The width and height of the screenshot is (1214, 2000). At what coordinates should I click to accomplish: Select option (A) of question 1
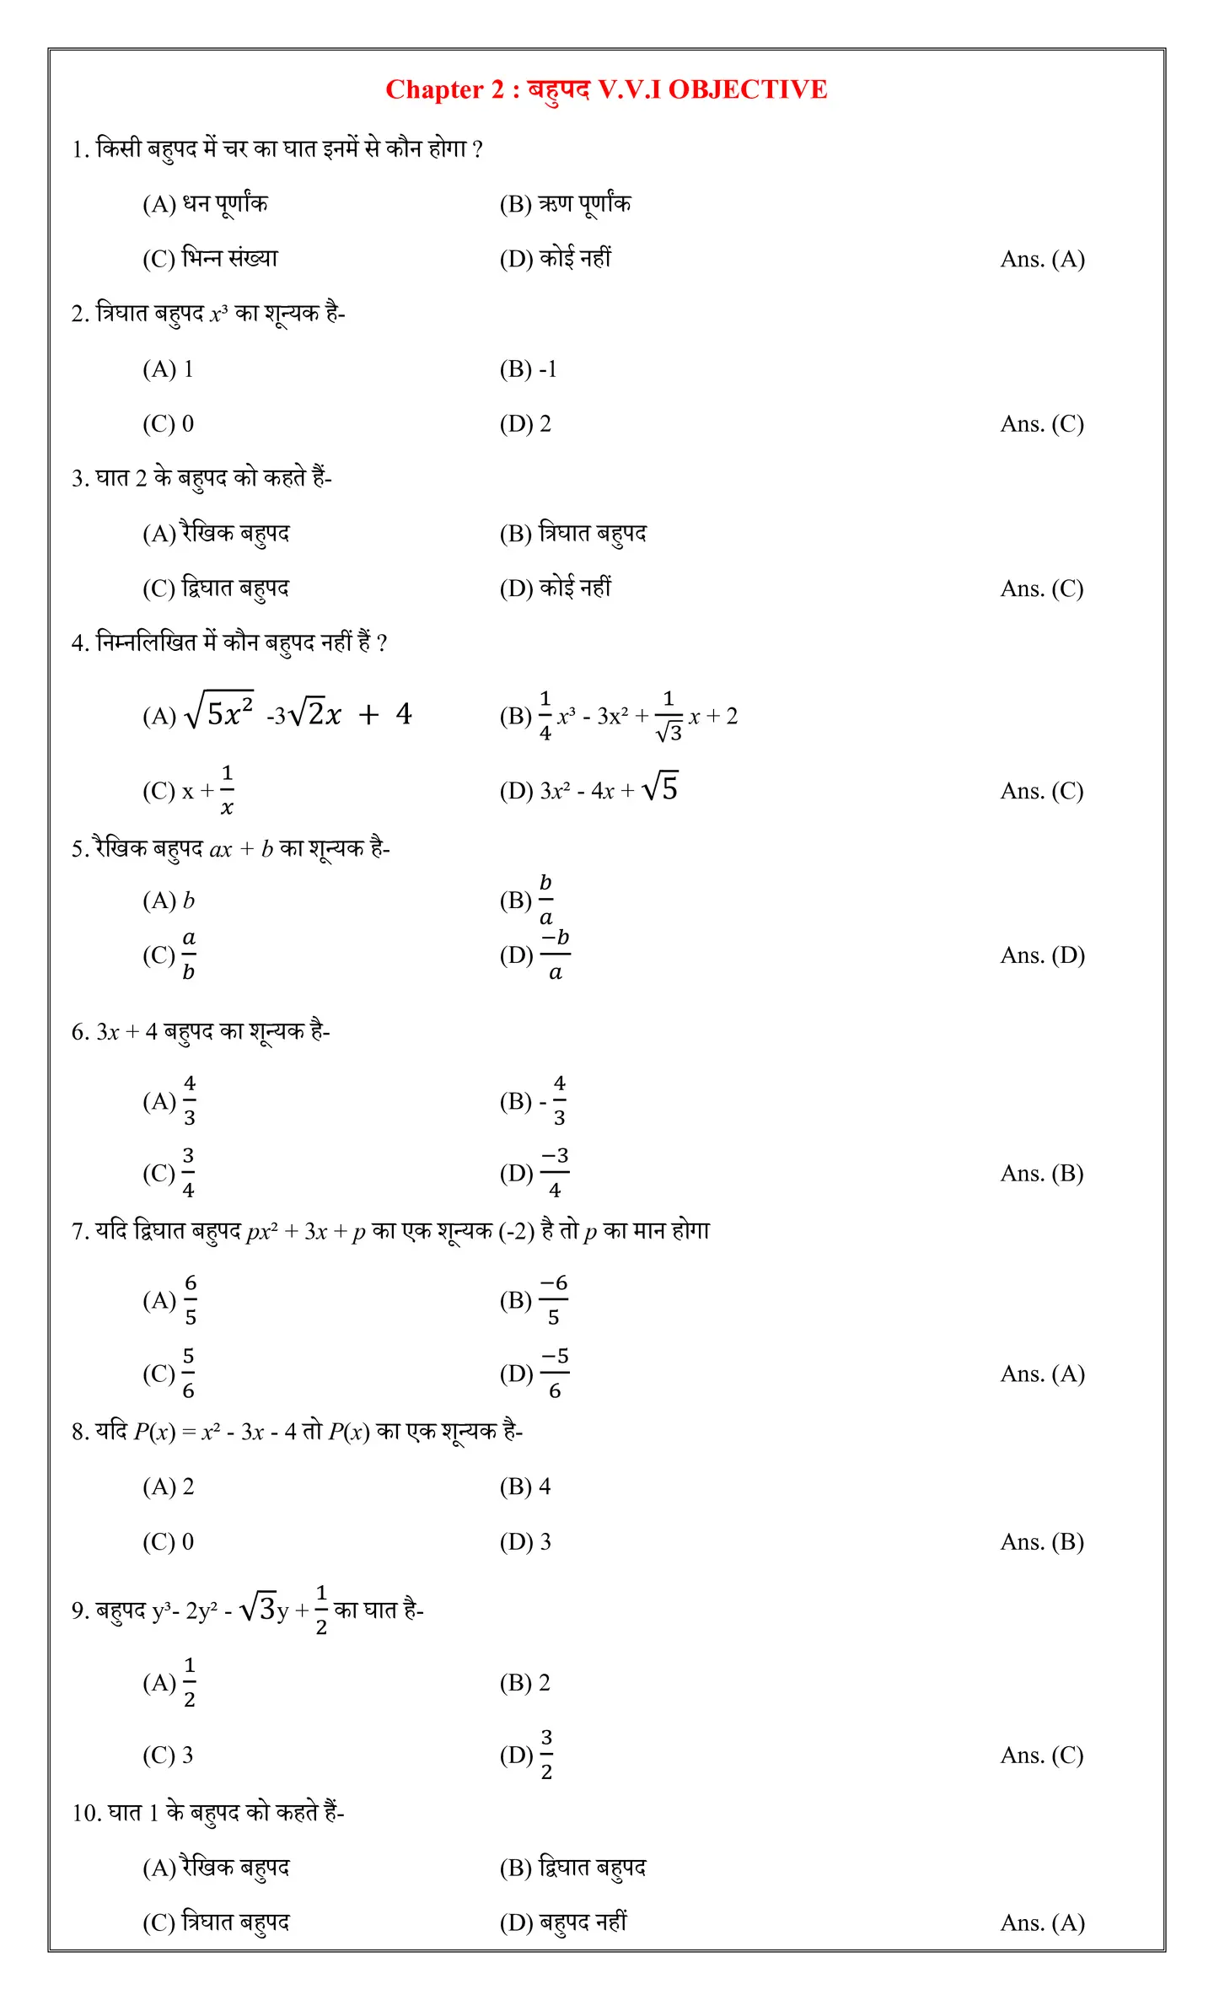[x=205, y=204]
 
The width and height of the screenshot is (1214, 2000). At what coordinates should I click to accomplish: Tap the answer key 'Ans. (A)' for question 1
[x=1042, y=259]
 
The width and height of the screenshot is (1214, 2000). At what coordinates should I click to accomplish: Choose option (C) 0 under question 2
[x=168, y=423]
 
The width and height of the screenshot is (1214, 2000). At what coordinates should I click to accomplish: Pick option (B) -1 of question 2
[x=528, y=369]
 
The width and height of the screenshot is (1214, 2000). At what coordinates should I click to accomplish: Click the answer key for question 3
[x=1042, y=589]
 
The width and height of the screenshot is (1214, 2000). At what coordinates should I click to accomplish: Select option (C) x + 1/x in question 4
[x=188, y=790]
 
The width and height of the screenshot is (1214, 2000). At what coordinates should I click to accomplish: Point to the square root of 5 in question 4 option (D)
[x=660, y=788]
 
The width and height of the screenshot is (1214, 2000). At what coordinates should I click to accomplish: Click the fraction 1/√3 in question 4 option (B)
[x=669, y=716]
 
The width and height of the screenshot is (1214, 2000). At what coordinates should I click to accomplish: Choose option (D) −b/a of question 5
[x=534, y=955]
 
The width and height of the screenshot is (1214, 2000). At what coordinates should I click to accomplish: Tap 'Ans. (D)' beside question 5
[x=1042, y=955]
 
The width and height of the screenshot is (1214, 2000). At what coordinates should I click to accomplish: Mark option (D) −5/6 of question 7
[x=534, y=1374]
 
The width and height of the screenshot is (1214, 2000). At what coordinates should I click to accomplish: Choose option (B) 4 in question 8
[x=524, y=1487]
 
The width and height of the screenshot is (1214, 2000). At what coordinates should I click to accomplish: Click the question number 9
[x=78, y=1610]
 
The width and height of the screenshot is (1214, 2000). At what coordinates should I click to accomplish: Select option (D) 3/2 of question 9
[x=526, y=1755]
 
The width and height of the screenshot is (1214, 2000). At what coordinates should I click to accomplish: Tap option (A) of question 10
[x=216, y=1868]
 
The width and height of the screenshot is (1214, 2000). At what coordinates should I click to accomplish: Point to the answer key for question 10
[x=1042, y=1923]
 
